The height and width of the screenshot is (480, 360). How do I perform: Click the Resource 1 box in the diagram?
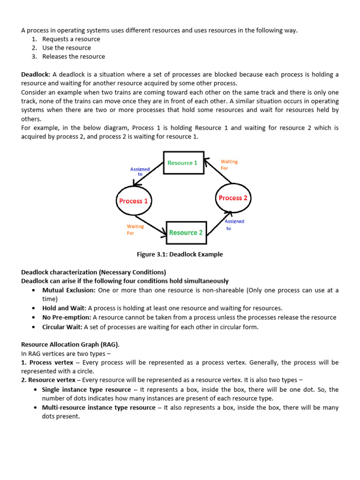click(x=183, y=163)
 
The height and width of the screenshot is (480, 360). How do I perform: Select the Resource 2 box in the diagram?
click(x=186, y=232)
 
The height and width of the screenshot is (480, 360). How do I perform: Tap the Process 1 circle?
click(x=133, y=201)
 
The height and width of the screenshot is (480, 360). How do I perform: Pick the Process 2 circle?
click(x=233, y=198)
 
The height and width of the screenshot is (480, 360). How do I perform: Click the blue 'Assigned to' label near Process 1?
click(x=140, y=172)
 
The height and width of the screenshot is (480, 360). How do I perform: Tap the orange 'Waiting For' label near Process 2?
click(x=229, y=165)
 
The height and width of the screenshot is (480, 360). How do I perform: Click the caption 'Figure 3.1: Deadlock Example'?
click(x=180, y=255)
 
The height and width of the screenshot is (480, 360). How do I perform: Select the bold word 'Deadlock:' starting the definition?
click(x=36, y=75)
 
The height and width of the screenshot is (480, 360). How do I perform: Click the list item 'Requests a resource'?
click(x=71, y=39)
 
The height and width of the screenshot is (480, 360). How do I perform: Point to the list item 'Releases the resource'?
click(x=74, y=57)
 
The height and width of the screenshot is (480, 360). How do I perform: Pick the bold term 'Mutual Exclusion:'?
click(x=69, y=291)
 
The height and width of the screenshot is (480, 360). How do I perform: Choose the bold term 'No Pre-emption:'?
click(x=67, y=317)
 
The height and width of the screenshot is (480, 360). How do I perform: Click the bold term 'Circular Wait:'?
click(x=62, y=327)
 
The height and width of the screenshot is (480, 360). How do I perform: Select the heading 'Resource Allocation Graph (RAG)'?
click(x=67, y=345)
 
